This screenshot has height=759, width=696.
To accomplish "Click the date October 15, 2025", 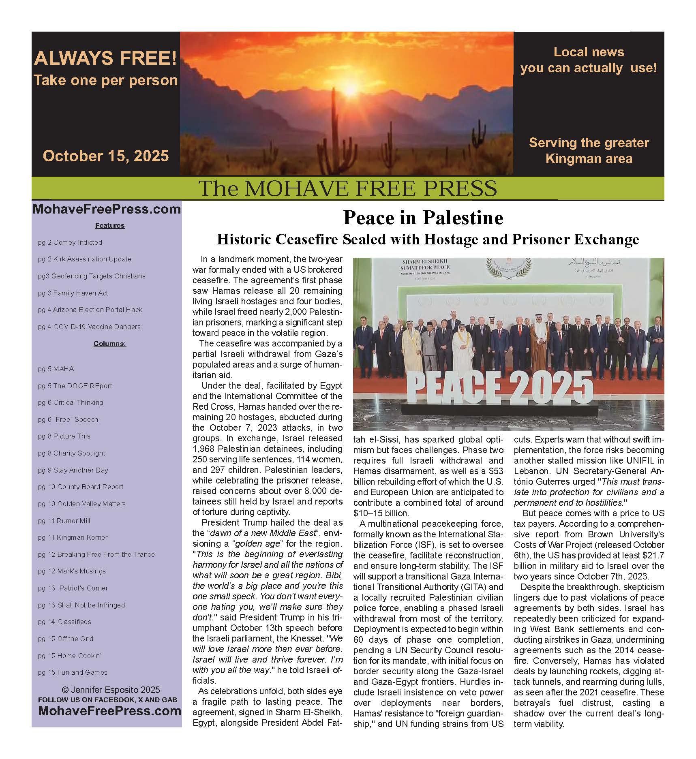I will (x=105, y=156).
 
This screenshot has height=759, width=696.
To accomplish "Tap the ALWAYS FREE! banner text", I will (x=105, y=58).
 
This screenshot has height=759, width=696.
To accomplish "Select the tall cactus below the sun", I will (x=336, y=134).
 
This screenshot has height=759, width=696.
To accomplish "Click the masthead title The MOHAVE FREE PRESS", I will (x=347, y=188).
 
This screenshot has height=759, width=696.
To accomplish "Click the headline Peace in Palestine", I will (x=423, y=218).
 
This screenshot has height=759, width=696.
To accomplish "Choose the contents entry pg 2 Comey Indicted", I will (x=70, y=242).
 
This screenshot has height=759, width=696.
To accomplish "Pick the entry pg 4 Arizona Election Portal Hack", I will (x=90, y=310).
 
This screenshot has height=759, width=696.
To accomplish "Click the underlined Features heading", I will (x=109, y=225).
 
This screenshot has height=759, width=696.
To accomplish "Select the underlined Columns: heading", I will (x=109, y=344).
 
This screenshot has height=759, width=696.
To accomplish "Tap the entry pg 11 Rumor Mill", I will (x=64, y=521).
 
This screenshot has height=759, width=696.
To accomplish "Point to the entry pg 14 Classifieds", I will (x=64, y=622).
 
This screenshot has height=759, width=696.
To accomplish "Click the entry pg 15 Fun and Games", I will (x=73, y=672).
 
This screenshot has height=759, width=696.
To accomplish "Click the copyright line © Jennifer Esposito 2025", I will (x=111, y=689).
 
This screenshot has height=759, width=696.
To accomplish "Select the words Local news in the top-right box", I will (x=589, y=52).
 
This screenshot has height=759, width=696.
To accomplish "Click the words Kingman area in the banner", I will (x=589, y=158).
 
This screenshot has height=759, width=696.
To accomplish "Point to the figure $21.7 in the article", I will (x=651, y=555).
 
